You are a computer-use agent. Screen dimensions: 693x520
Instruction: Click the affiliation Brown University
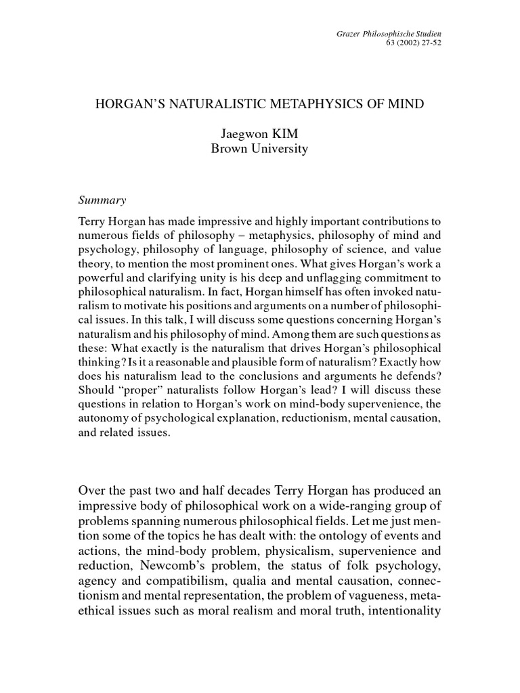click(x=259, y=149)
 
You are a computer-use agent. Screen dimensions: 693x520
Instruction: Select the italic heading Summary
click(x=102, y=200)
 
